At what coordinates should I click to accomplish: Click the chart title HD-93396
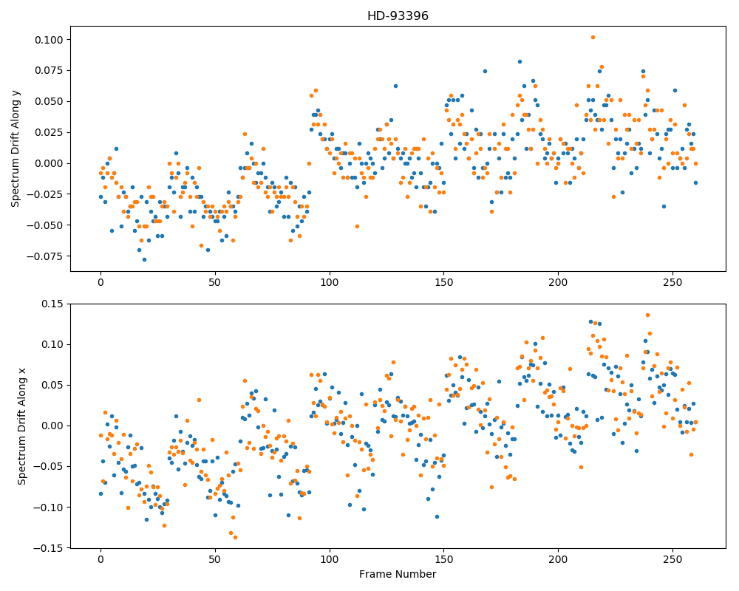[398, 16]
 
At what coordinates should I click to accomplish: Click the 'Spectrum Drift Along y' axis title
[16, 147]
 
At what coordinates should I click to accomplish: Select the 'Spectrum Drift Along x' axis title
[21, 426]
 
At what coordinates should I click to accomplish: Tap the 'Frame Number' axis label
[398, 574]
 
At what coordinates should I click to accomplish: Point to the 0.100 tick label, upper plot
[49, 40]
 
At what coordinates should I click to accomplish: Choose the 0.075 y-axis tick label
[49, 71]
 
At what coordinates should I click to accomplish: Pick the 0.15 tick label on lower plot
[52, 304]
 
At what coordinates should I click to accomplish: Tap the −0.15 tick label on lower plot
[48, 548]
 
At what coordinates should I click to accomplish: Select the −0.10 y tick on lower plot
[48, 508]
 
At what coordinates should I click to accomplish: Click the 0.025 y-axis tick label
[49, 132]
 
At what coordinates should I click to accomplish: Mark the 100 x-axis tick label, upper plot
[330, 283]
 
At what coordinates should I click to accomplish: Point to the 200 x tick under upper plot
[558, 283]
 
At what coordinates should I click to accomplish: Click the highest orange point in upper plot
[593, 37]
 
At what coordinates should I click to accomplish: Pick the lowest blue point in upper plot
[144, 260]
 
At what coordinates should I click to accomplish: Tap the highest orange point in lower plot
[647, 315]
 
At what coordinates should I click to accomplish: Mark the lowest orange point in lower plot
[235, 537]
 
